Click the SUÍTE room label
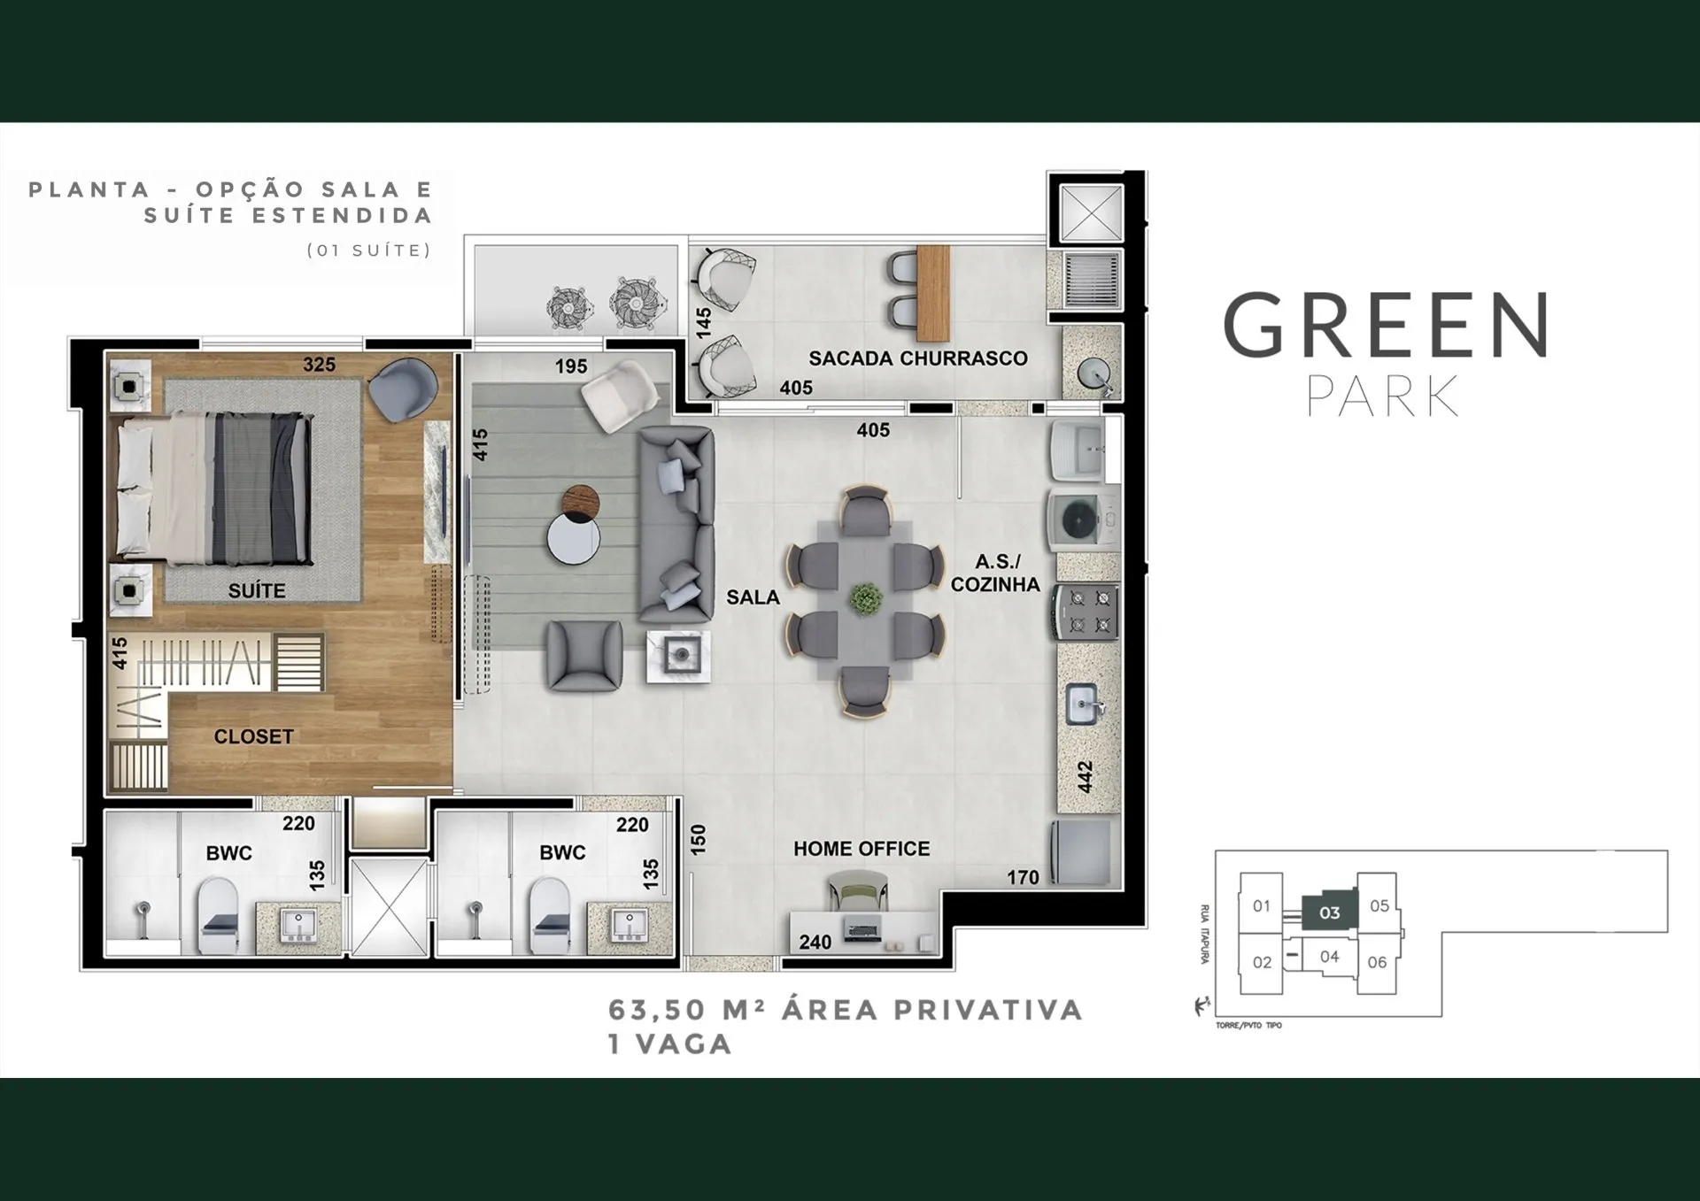click(257, 590)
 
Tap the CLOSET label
click(253, 736)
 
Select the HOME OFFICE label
click(862, 849)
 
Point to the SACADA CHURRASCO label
click(918, 358)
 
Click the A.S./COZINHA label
click(995, 573)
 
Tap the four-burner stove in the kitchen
click(1087, 611)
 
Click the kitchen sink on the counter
click(1085, 704)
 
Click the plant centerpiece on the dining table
click(865, 599)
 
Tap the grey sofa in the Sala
click(676, 524)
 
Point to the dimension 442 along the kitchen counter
click(1086, 777)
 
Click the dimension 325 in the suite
click(319, 365)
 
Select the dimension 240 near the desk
click(815, 943)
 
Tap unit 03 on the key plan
click(1329, 912)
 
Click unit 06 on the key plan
click(1377, 962)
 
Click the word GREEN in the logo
click(1386, 326)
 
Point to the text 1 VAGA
click(670, 1044)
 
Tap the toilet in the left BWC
click(218, 915)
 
